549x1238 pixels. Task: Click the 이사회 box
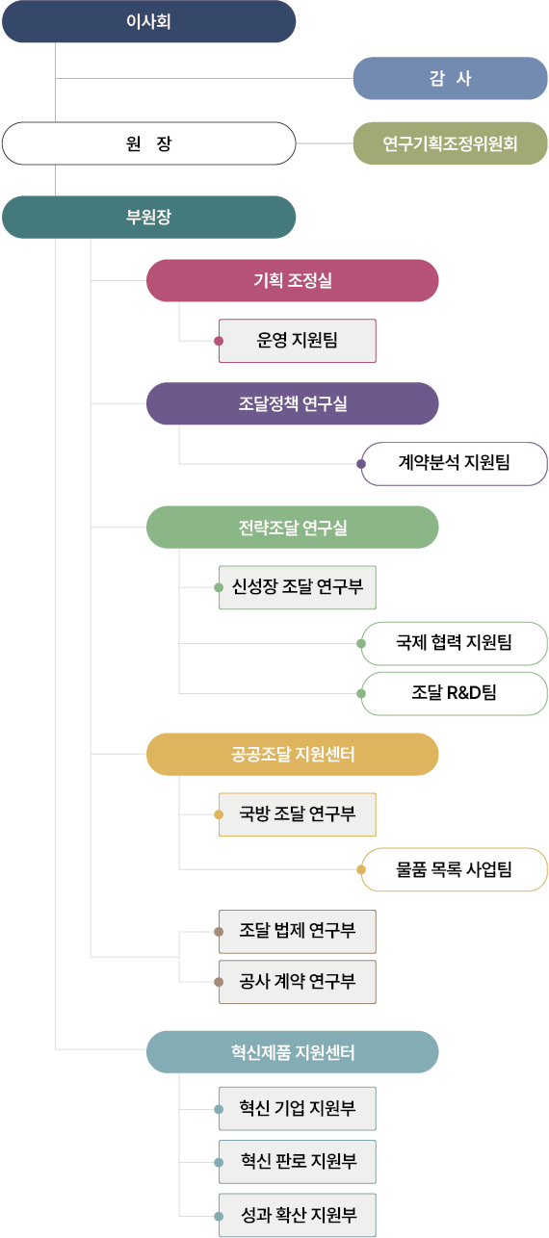click(148, 21)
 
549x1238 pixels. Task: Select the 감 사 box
click(450, 79)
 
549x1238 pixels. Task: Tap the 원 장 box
click(148, 143)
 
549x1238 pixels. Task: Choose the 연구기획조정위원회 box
click(450, 143)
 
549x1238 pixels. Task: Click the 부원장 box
click(148, 218)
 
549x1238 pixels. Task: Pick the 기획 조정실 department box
click(293, 281)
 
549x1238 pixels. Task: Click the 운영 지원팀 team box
click(298, 341)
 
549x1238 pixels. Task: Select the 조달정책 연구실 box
click(293, 403)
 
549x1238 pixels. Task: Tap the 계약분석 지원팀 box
click(454, 464)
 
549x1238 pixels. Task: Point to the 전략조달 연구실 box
click(293, 528)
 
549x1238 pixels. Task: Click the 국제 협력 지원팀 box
click(454, 643)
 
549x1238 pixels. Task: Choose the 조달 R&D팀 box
click(454, 694)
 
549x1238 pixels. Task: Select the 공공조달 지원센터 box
click(293, 755)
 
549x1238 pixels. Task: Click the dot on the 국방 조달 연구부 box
click(219, 814)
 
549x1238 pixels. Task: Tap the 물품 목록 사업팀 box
click(454, 870)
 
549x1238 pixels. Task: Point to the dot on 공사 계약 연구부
click(219, 982)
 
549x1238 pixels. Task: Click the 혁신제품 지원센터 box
click(293, 1052)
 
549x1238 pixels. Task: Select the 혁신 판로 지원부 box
click(298, 1162)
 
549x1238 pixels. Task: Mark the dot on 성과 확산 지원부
click(219, 1216)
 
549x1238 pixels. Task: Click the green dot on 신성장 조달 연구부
click(219, 587)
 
